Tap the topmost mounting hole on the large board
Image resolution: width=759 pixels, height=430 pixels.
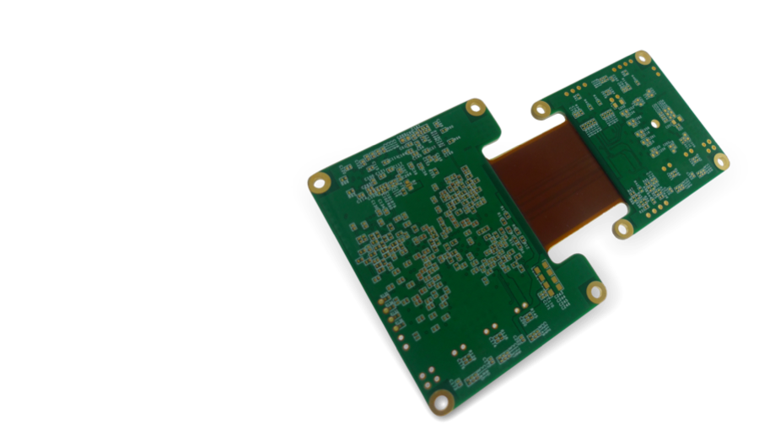click(476, 107)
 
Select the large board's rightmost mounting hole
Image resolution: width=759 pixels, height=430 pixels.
click(596, 292)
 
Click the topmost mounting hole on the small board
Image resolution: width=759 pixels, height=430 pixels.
click(643, 57)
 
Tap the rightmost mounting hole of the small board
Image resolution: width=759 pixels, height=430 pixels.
click(720, 160)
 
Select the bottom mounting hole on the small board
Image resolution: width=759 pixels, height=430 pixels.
click(623, 228)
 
